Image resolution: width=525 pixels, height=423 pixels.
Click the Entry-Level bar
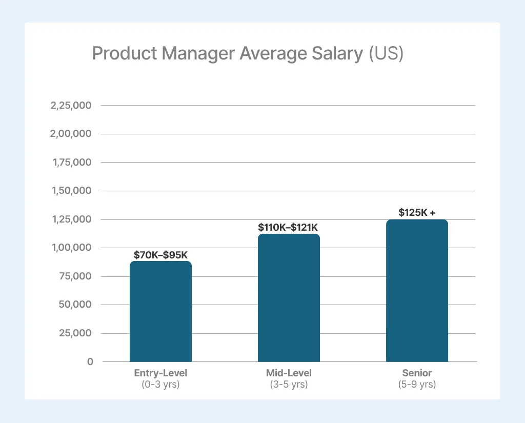point(160,311)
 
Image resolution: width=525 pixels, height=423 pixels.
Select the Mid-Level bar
point(289,298)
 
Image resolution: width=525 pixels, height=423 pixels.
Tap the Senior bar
point(417,291)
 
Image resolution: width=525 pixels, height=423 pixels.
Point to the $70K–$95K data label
point(160,255)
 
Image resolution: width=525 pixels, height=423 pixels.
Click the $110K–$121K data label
point(289,227)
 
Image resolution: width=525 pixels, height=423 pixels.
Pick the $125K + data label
point(417,212)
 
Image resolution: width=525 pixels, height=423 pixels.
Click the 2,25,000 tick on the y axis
point(71,106)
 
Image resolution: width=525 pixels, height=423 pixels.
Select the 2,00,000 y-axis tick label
point(71,134)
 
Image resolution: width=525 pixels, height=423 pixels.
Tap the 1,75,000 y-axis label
point(71,163)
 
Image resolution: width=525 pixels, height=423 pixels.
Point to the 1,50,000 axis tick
point(71,191)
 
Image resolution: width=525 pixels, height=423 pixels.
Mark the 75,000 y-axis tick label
point(75,276)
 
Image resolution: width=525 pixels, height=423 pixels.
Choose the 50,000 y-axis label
point(75,305)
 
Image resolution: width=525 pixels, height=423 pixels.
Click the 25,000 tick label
point(75,333)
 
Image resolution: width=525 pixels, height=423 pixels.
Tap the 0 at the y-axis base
point(90,361)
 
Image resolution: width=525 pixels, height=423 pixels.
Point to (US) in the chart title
point(386,53)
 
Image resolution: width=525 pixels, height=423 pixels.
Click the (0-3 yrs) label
point(160,384)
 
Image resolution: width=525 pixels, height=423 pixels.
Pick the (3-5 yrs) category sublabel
point(289,384)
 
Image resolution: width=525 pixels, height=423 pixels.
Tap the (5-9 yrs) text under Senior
point(417,384)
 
